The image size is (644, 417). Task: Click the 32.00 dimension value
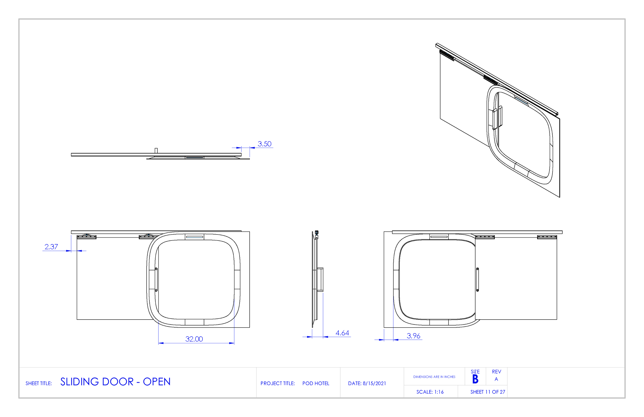point(194,339)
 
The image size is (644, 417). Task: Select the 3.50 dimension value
point(264,144)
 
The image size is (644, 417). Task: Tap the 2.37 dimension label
point(51,247)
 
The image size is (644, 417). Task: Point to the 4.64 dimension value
point(342,333)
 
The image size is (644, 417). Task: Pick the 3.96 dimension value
point(413,336)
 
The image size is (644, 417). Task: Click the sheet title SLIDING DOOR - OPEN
point(115,382)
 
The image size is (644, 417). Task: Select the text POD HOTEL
point(316,383)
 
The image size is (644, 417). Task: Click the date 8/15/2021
point(374,383)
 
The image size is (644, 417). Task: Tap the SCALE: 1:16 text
point(430,392)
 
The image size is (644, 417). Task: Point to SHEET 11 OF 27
point(488,392)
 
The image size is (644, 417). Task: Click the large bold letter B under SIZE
point(475,379)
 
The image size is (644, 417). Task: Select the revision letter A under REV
point(496,379)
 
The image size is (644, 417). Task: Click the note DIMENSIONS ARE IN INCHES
point(434,377)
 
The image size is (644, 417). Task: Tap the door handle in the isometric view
point(497,118)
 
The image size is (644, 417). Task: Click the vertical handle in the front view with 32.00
point(156,279)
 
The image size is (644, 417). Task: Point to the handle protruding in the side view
point(320,279)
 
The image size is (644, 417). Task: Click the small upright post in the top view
point(156,150)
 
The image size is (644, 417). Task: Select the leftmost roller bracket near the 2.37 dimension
point(87,237)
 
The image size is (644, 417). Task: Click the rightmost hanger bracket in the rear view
point(547,237)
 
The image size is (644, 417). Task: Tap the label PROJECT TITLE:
point(277,383)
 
